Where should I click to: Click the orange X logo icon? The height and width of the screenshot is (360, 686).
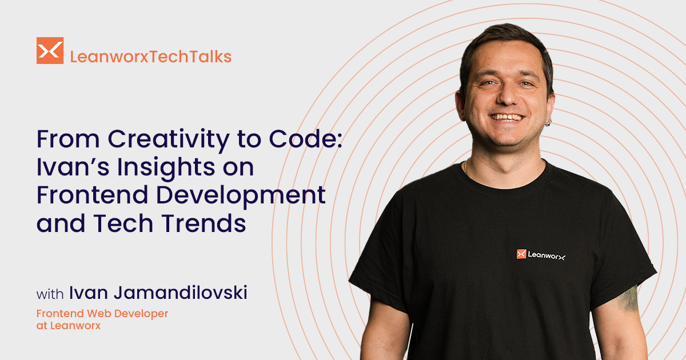pyautogui.click(x=50, y=50)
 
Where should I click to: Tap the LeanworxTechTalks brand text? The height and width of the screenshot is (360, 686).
pyautogui.click(x=150, y=57)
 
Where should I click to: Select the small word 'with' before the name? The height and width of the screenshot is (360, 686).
pyautogui.click(x=50, y=295)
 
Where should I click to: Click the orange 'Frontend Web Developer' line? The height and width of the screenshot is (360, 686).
pyautogui.click(x=102, y=314)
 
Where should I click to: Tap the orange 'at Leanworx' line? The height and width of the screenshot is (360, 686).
pyautogui.click(x=68, y=326)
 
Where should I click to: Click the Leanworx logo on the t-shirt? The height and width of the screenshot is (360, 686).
pyautogui.click(x=540, y=255)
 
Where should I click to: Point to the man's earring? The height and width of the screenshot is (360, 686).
pyautogui.click(x=547, y=121)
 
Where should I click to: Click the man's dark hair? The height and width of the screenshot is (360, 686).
pyautogui.click(x=503, y=40)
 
